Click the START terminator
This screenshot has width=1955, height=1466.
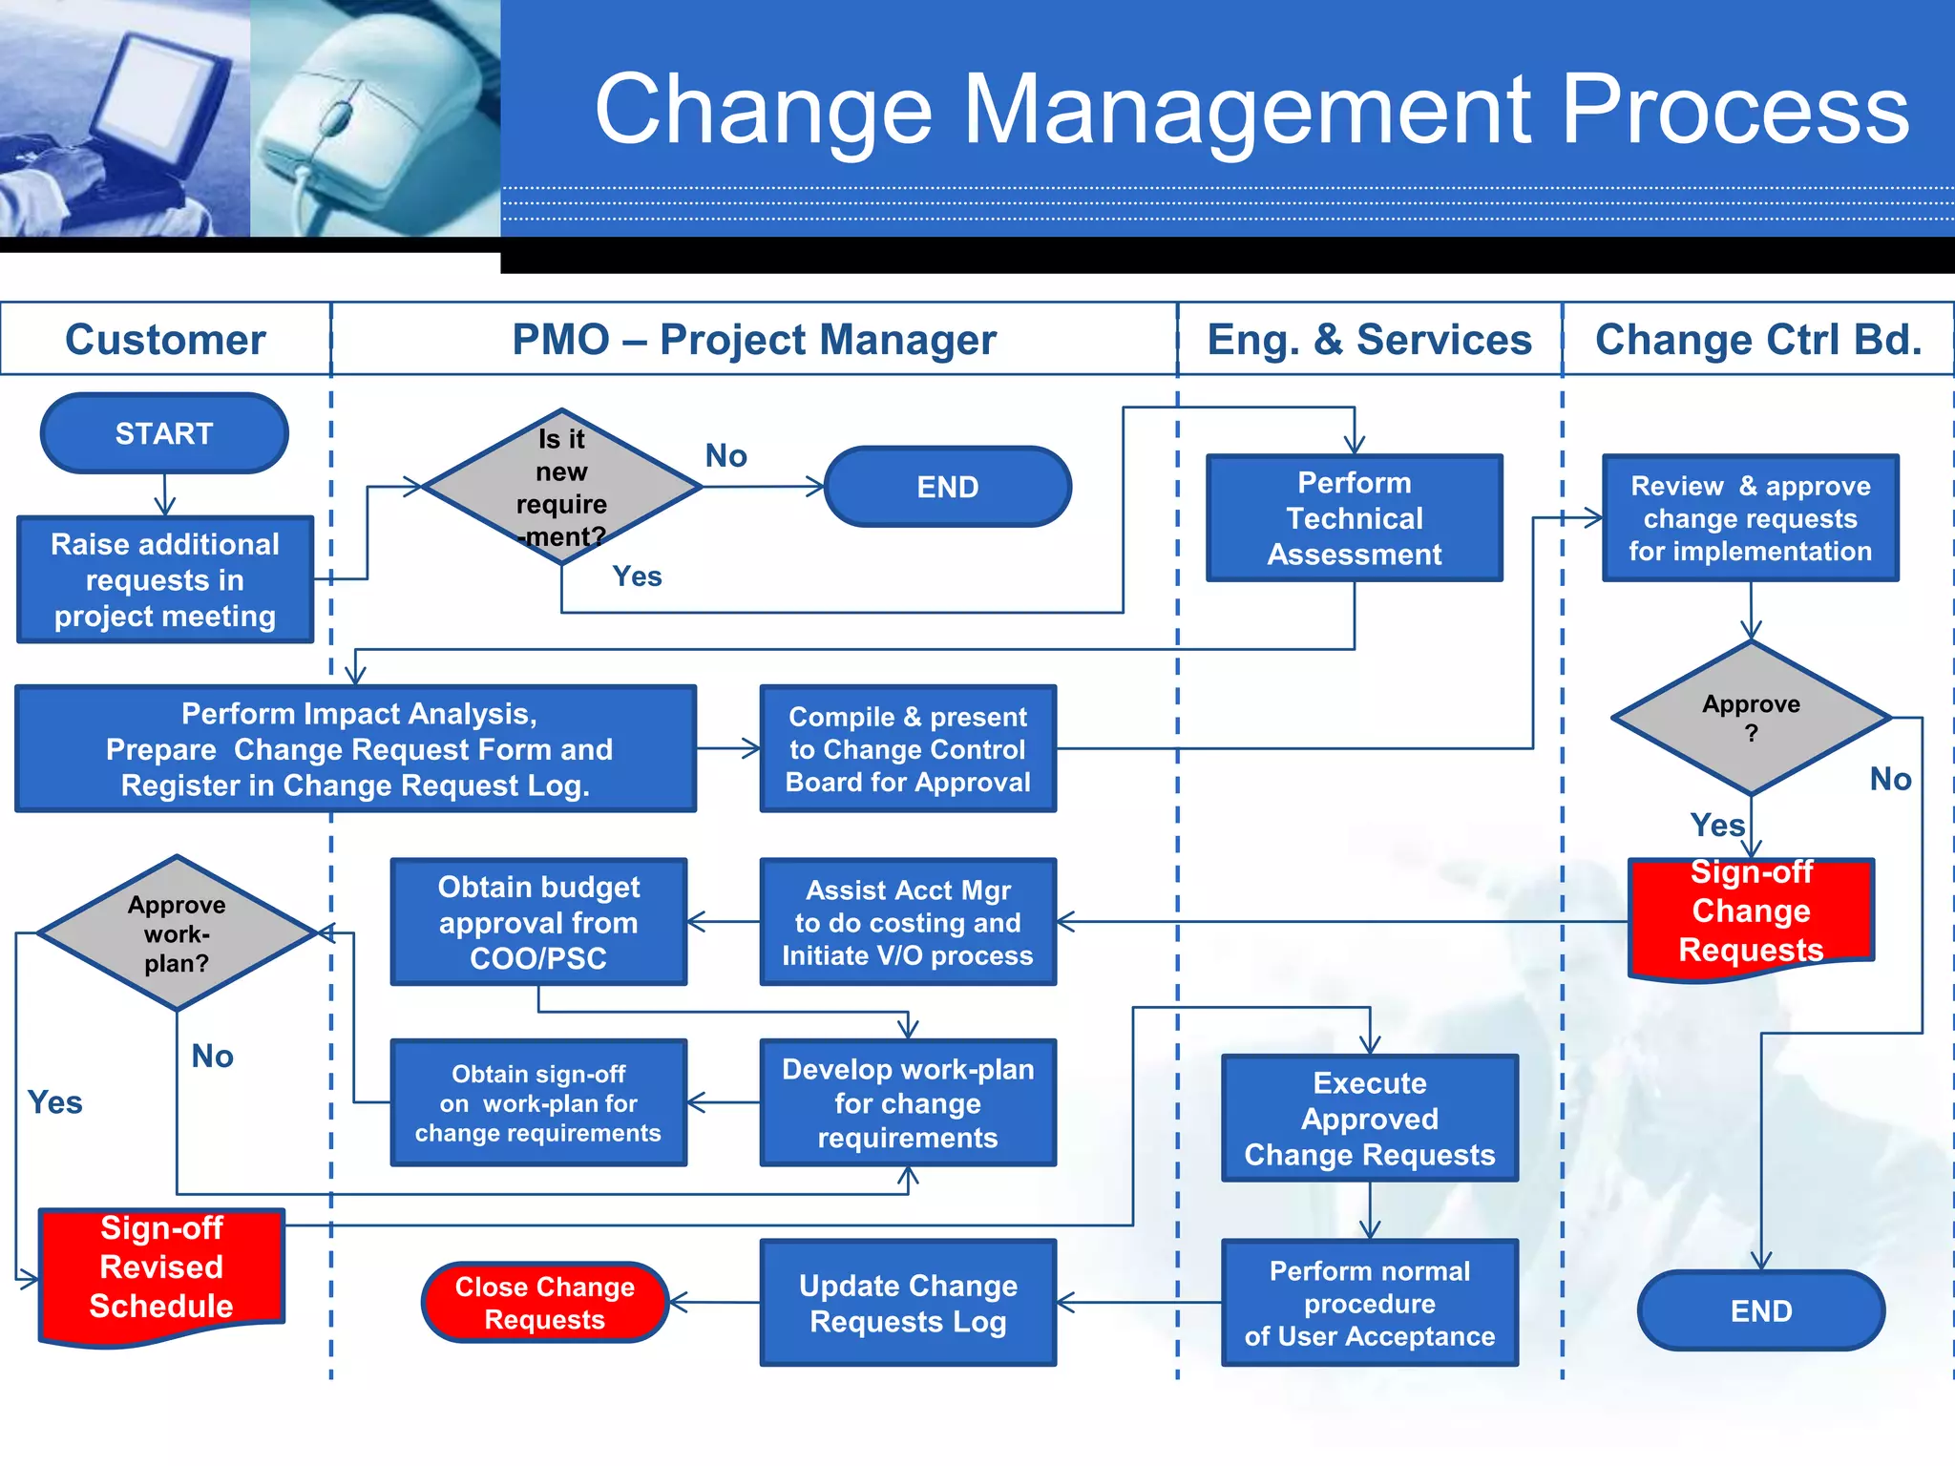tap(164, 433)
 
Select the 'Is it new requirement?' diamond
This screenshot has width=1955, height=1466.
tap(561, 487)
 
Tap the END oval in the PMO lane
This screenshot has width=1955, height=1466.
tap(947, 487)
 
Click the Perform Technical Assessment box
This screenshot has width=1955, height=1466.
tap(1354, 518)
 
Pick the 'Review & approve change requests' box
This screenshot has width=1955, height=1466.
tap(1750, 518)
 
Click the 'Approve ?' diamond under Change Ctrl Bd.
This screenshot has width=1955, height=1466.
tap(1751, 718)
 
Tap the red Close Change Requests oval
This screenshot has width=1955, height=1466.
tap(544, 1303)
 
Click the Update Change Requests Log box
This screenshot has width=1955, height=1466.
tap(908, 1303)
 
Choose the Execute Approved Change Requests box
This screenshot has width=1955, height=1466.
tap(1369, 1119)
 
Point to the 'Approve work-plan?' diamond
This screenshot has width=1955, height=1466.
tap(177, 933)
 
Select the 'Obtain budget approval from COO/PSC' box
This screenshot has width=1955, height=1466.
tap(538, 922)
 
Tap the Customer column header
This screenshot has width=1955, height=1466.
tap(165, 340)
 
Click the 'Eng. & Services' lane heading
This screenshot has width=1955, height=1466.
tap(1369, 340)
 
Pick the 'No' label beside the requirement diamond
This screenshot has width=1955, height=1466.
tap(725, 456)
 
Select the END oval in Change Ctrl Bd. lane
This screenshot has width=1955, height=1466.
tap(1761, 1310)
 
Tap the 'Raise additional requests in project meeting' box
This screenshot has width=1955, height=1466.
tap(165, 579)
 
